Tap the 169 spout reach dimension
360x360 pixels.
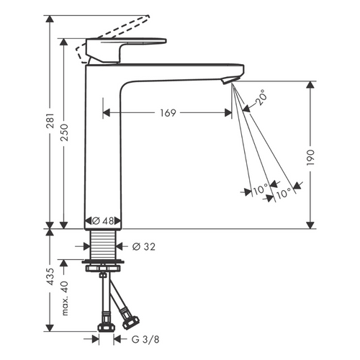(x=167, y=112)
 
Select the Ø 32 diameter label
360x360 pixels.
(x=143, y=247)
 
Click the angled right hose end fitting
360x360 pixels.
(x=131, y=317)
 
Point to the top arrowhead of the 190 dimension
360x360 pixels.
(x=310, y=85)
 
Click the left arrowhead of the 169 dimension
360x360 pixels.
(x=106, y=112)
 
